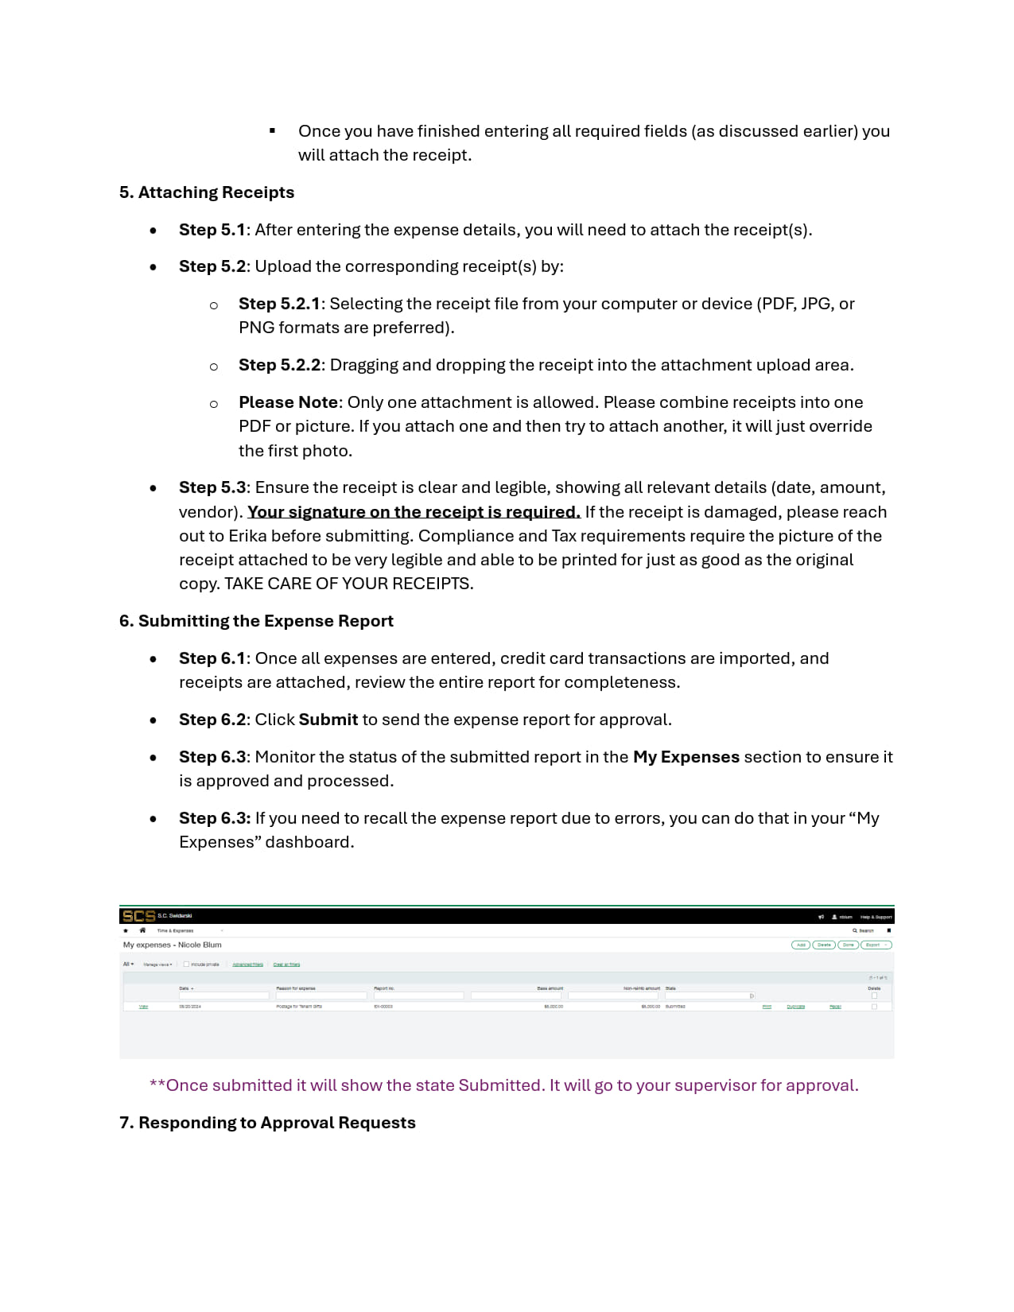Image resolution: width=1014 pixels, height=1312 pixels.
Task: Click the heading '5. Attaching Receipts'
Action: (x=207, y=192)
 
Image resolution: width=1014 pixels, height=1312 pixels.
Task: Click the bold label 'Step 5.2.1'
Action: (x=278, y=304)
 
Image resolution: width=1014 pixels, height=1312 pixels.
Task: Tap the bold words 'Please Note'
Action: (x=288, y=402)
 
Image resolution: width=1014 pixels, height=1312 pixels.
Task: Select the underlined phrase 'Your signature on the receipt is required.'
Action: (x=414, y=512)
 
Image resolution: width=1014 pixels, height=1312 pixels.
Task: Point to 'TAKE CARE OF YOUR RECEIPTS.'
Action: (x=348, y=584)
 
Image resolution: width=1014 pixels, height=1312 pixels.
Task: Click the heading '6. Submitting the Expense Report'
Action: (x=256, y=621)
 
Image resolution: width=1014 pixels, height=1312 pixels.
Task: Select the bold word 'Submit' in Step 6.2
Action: (x=328, y=720)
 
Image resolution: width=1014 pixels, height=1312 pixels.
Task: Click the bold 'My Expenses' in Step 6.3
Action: (x=686, y=757)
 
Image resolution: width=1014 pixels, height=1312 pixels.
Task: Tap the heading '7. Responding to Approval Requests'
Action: (x=267, y=1123)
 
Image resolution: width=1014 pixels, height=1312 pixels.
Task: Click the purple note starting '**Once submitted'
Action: (x=503, y=1085)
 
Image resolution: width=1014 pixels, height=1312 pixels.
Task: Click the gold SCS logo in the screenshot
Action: (x=138, y=916)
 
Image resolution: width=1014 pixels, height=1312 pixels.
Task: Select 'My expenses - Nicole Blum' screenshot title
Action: (x=172, y=945)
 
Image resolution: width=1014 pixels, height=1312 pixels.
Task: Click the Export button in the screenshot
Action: (x=875, y=945)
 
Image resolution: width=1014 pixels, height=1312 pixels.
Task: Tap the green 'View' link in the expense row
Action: (x=143, y=1007)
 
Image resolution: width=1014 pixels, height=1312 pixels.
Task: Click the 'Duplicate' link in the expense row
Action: (x=795, y=1007)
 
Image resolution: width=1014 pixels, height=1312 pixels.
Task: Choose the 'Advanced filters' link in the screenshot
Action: (x=247, y=965)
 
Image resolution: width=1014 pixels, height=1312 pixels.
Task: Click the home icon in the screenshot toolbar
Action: (x=142, y=930)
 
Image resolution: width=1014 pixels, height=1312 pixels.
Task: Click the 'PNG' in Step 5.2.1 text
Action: (x=256, y=328)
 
